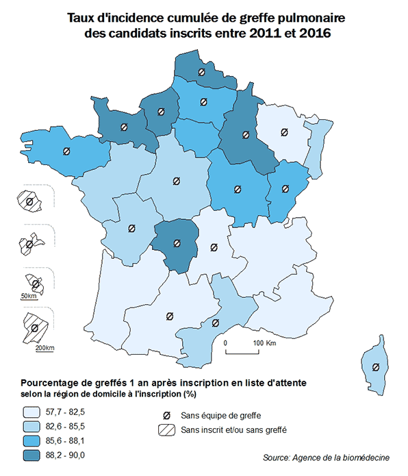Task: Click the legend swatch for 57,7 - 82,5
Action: point(30,412)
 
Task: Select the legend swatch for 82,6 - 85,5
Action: point(30,426)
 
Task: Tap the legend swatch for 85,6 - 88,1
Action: point(30,440)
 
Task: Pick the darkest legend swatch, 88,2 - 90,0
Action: point(30,455)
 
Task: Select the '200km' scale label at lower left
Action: point(44,348)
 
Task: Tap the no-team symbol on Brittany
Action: point(66,151)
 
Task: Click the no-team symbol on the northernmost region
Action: point(201,72)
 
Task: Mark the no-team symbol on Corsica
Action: point(375,367)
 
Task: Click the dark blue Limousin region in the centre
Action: point(177,243)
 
